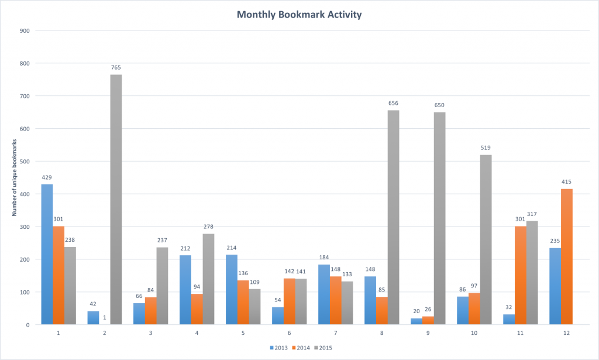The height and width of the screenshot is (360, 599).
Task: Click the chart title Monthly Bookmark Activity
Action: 299,14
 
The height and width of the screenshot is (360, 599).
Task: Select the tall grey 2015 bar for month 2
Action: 116,199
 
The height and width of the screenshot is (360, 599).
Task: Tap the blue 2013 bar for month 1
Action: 47,254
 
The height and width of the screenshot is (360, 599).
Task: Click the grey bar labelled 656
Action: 393,217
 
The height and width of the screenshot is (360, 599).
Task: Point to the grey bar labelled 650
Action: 439,218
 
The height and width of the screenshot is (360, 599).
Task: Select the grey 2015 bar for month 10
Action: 486,239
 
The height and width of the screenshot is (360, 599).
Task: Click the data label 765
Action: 116,68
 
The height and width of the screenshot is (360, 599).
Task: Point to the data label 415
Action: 567,182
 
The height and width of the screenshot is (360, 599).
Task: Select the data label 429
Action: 47,177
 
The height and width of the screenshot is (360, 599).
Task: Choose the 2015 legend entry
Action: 325,348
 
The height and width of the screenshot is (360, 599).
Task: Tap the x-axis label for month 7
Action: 335,332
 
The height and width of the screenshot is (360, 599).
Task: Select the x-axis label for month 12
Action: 566,332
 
